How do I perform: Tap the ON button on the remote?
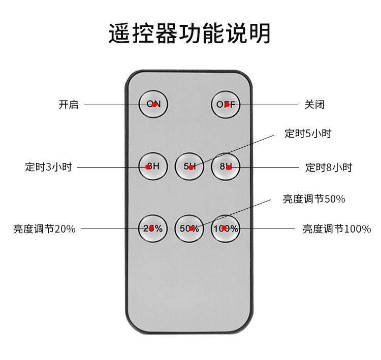click(x=153, y=104)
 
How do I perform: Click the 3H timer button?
click(x=153, y=166)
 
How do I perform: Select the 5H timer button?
click(x=189, y=167)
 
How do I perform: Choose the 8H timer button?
click(x=226, y=167)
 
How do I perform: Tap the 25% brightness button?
click(x=153, y=228)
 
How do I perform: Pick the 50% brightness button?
click(x=189, y=228)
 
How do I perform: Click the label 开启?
click(x=69, y=105)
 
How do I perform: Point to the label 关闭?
click(x=314, y=105)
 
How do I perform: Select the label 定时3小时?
click(x=48, y=167)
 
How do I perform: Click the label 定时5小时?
click(x=308, y=134)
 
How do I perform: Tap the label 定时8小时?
click(x=329, y=167)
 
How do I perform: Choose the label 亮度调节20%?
click(x=44, y=229)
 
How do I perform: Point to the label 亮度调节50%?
click(x=314, y=199)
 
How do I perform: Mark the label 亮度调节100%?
click(x=337, y=229)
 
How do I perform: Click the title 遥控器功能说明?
click(x=190, y=33)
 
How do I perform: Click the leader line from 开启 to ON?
click(x=112, y=105)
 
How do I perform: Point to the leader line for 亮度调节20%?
click(x=109, y=228)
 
